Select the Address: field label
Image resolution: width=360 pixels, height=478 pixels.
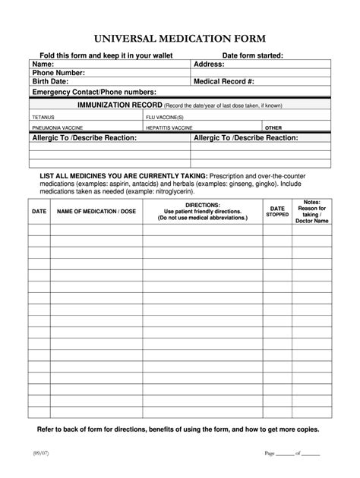[x=209, y=64]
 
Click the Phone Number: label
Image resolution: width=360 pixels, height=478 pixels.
[x=58, y=73]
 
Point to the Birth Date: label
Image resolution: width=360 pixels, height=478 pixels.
[x=50, y=82]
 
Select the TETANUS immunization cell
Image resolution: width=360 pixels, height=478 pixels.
[x=43, y=118]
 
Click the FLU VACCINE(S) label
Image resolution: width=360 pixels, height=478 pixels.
[x=165, y=118]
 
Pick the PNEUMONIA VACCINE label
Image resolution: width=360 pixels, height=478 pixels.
[x=57, y=128]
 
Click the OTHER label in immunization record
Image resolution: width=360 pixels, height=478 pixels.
[x=273, y=128]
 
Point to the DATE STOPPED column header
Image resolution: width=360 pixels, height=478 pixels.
[x=277, y=211]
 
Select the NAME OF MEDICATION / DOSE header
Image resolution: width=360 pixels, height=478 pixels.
[x=96, y=212]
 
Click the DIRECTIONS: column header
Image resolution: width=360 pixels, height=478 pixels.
[x=202, y=205]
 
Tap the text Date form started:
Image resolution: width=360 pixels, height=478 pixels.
[x=252, y=55]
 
